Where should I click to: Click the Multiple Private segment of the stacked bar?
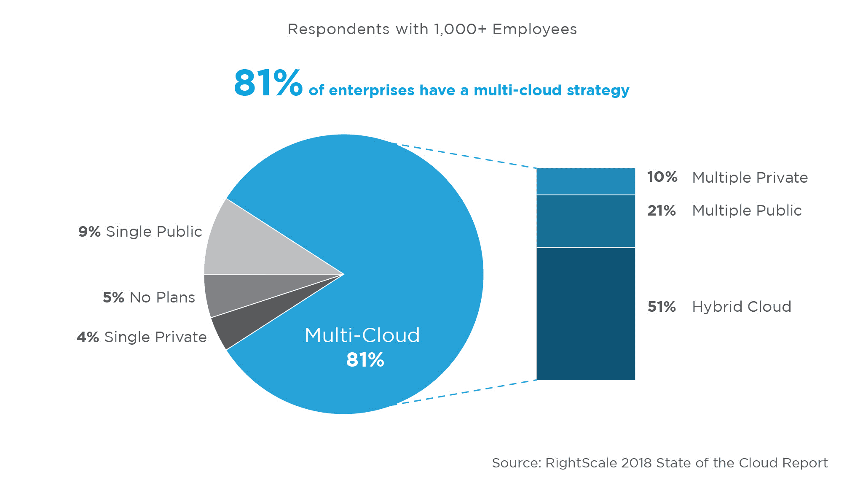tap(585, 181)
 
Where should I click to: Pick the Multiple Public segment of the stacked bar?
tap(585, 221)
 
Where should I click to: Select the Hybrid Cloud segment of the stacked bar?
tap(585, 313)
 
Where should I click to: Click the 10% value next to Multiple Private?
tap(662, 177)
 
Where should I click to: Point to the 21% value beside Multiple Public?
tap(661, 211)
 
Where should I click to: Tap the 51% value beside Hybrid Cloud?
tap(661, 307)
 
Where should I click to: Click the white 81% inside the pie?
tap(365, 360)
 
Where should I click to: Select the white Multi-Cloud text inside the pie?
tap(362, 335)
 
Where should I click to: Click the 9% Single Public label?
tap(140, 232)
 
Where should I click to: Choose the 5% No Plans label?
tap(149, 297)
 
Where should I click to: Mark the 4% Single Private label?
tap(142, 337)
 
